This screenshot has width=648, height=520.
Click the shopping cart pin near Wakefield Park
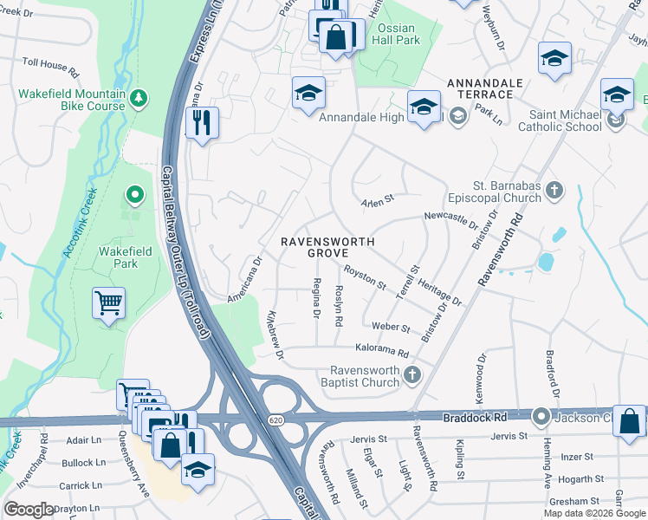108,303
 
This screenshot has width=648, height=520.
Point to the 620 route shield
274,419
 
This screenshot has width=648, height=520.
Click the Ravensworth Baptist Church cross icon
412,375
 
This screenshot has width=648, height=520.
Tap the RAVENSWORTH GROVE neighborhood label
327,247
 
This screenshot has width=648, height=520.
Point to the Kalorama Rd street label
381,352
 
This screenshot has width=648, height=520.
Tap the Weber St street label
390,328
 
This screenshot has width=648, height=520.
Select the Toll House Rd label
50,63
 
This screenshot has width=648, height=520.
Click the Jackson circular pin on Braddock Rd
542,417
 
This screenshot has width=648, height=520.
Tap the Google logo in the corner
29,510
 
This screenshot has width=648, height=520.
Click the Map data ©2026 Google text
594,513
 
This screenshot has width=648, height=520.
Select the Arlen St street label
377,198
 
